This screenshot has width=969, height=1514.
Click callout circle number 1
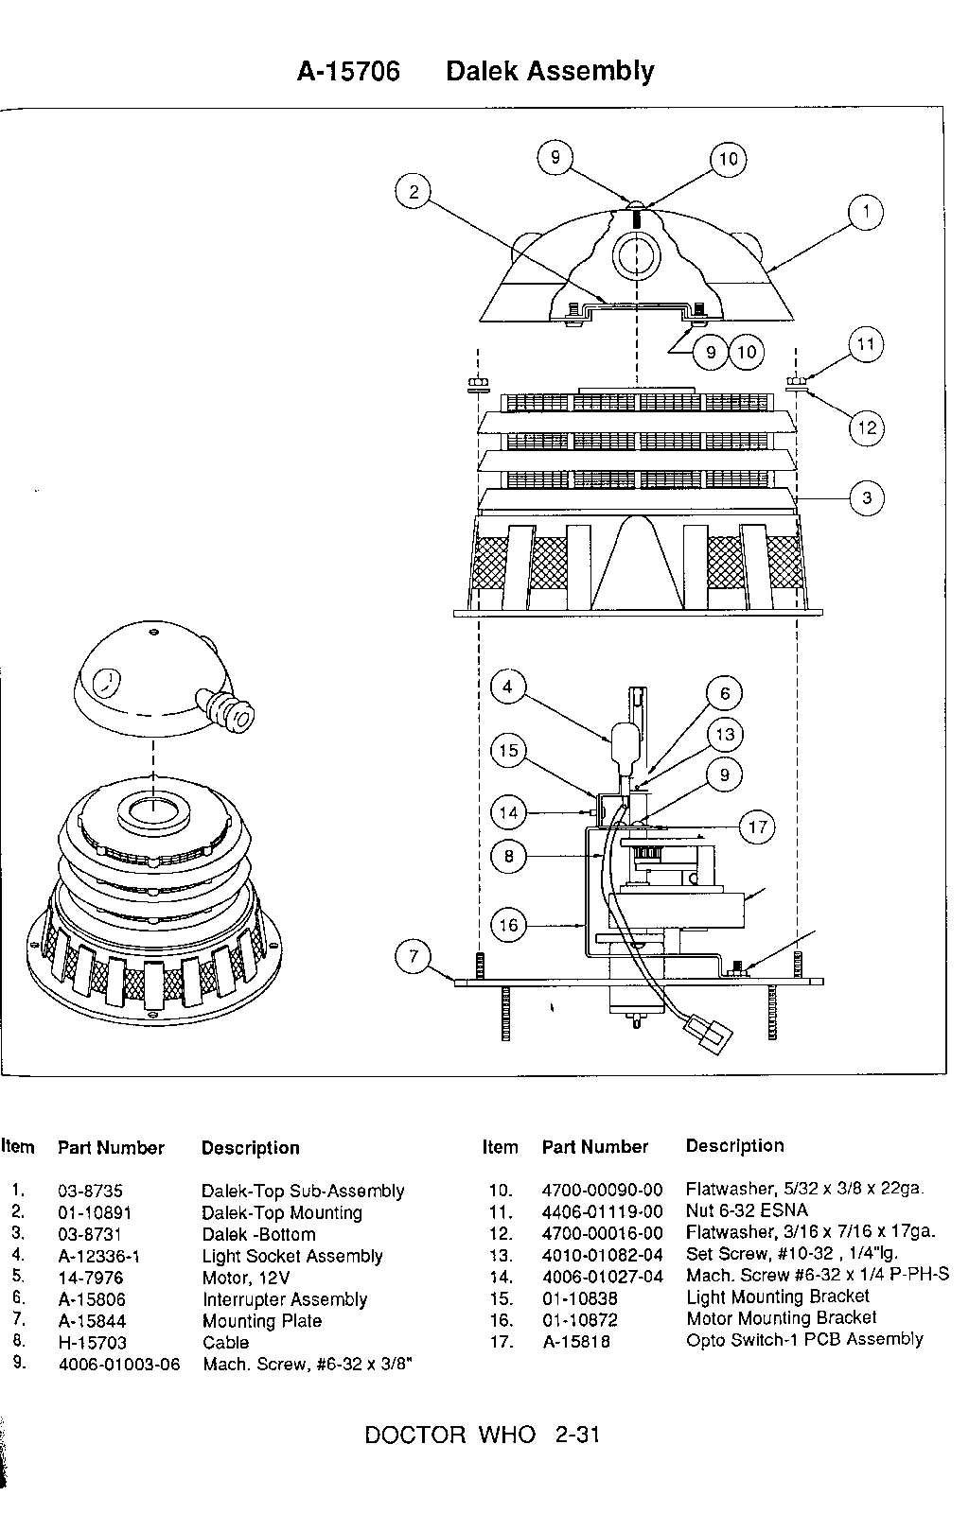[866, 212]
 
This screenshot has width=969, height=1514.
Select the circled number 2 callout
[414, 192]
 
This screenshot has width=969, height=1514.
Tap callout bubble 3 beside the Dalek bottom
[867, 498]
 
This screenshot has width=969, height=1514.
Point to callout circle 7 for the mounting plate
[414, 956]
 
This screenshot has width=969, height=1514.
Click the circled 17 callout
[757, 827]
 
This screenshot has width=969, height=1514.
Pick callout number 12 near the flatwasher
[867, 427]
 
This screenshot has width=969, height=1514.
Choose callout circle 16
[508, 925]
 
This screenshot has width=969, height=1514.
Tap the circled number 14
[508, 812]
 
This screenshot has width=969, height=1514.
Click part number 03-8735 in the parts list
[91, 1191]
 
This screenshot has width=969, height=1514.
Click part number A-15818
[576, 1341]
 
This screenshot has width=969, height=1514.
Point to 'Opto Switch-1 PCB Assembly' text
[804, 1339]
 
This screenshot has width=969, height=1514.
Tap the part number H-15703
[92, 1342]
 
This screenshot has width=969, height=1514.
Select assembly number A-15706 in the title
[349, 71]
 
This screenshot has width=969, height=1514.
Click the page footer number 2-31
[577, 1435]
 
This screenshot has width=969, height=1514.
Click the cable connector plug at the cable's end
[709, 1034]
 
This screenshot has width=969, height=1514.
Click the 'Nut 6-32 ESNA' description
[747, 1209]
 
